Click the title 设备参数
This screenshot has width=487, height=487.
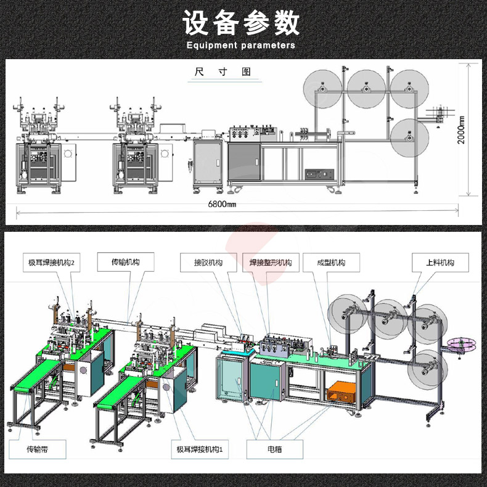[x=241, y=23]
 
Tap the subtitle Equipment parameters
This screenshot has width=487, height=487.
[x=241, y=45]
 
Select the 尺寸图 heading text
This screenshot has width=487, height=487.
[x=223, y=72]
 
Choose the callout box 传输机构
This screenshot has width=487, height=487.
[x=126, y=263]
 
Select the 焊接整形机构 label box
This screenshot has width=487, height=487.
[x=270, y=263]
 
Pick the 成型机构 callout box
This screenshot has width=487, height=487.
[x=331, y=263]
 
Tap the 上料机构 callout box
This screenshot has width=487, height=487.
[x=440, y=263]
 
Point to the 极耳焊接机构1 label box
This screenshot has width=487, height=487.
[x=199, y=449]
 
